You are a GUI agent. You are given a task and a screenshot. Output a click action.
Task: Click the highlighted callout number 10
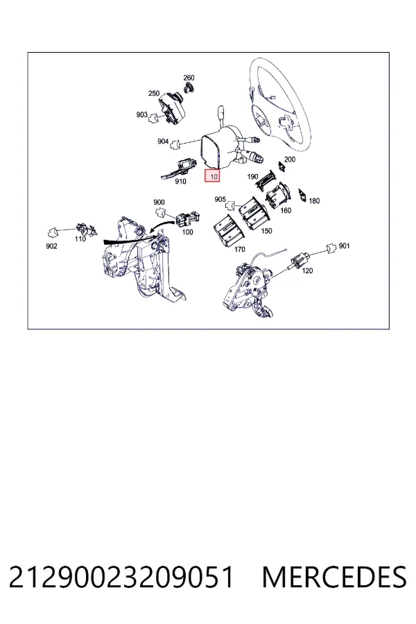coord(213,176)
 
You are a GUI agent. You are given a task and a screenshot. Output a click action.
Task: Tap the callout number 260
coord(189,78)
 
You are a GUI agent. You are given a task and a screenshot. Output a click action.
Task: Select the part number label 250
coord(154,94)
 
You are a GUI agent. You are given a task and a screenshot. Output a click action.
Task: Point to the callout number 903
coord(141,114)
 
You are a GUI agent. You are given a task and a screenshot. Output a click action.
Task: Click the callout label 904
coord(163,141)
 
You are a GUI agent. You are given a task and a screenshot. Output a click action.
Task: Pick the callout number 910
coord(180,182)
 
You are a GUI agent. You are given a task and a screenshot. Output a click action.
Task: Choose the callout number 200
coord(290,159)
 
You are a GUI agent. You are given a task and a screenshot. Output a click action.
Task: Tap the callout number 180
coord(314,201)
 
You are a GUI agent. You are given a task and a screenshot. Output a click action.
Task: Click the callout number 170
coord(239,250)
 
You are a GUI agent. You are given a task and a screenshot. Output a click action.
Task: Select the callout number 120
coord(307,270)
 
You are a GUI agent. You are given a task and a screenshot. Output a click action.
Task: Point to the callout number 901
coord(344,246)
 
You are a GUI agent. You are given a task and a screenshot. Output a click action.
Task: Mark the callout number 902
coord(51,246)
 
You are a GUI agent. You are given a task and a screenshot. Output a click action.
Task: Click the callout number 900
coord(159,202)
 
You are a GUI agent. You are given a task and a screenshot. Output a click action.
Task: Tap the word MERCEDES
coord(334,577)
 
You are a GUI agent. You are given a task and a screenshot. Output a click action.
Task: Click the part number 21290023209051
coord(121,577)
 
